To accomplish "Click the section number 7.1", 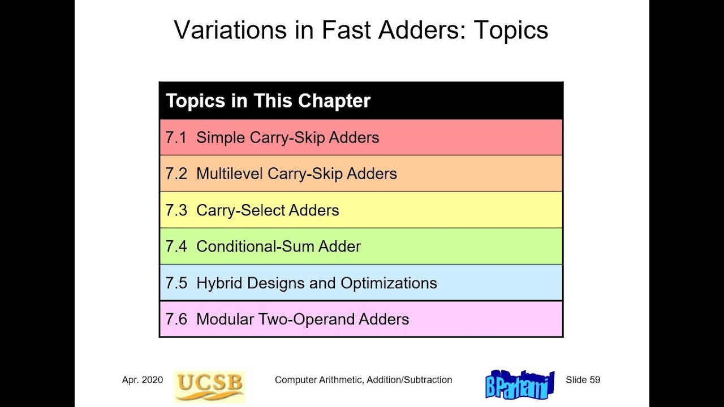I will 176,137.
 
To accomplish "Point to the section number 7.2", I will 176,174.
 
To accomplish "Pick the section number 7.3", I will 176,210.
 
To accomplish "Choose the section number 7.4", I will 176,246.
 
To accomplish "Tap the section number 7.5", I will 176,283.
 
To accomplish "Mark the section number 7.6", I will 176,319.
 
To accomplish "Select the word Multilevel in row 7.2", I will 229,174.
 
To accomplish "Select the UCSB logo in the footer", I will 209,386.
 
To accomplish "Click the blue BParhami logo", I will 520,384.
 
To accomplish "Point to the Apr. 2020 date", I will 143,380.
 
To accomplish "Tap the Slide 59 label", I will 583,380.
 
